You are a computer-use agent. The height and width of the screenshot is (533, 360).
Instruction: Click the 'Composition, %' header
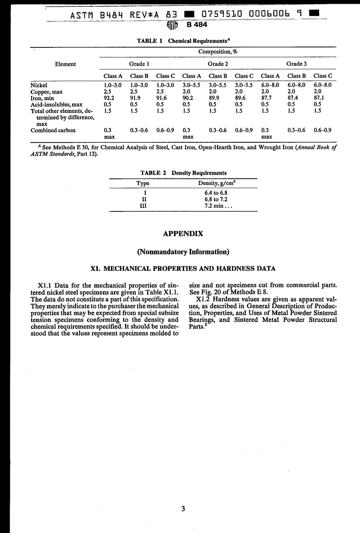pyautogui.click(x=218, y=52)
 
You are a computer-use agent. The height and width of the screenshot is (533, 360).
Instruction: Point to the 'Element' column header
pyautogui.click(x=65, y=64)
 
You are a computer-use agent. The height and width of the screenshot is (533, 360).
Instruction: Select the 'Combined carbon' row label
pyautogui.click(x=53, y=130)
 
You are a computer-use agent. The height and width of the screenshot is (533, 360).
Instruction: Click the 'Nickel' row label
pyautogui.click(x=39, y=85)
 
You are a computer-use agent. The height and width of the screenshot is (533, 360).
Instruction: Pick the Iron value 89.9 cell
pyautogui.click(x=215, y=98)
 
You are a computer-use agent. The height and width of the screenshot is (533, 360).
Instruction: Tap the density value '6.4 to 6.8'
pyautogui.click(x=216, y=193)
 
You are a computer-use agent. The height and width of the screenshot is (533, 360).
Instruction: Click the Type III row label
pyautogui.click(x=143, y=206)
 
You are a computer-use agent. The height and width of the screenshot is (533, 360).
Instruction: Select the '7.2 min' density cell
pyautogui.click(x=216, y=206)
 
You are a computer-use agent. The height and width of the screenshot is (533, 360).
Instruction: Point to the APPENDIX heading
pyautogui.click(x=183, y=234)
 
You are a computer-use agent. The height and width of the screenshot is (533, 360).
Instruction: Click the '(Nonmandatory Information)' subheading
pyautogui.click(x=183, y=252)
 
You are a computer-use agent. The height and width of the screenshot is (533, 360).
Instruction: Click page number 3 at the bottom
pyautogui.click(x=183, y=509)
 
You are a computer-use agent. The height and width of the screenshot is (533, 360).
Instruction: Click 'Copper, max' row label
pyautogui.click(x=46, y=92)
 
